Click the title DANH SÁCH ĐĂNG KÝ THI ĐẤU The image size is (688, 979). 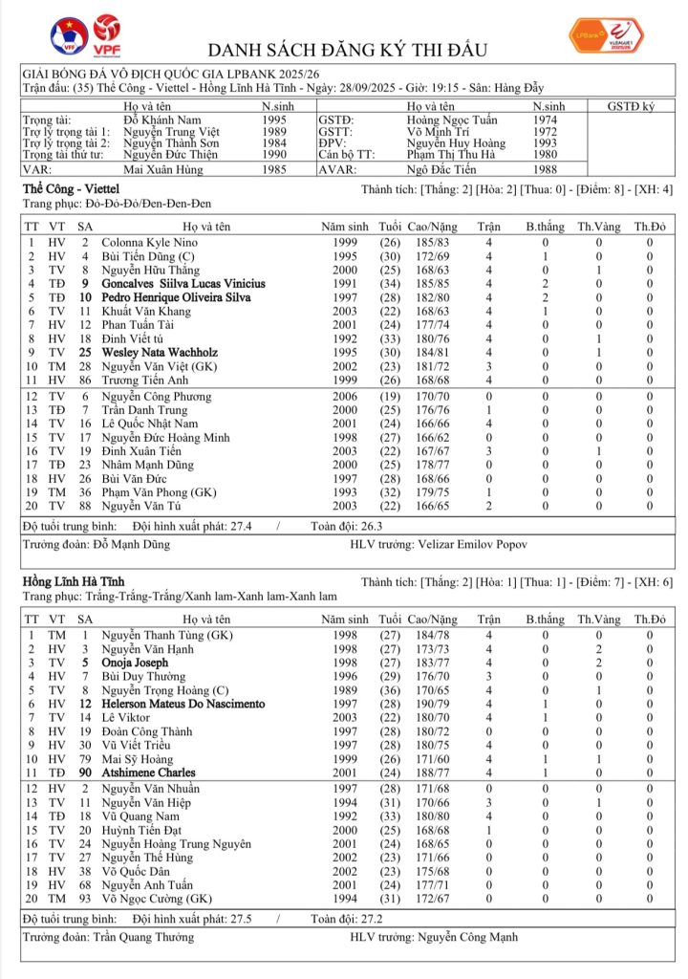(x=348, y=50)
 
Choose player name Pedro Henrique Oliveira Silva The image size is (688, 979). (x=176, y=297)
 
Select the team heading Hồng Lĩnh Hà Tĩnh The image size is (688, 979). (x=74, y=581)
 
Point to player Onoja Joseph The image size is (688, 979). (x=135, y=663)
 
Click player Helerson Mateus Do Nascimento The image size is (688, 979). (x=183, y=704)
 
